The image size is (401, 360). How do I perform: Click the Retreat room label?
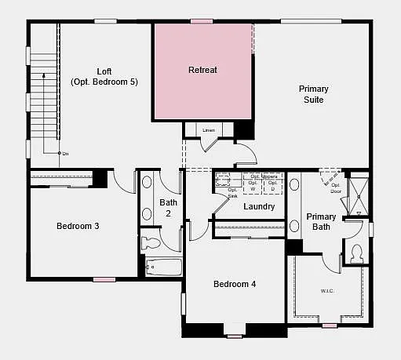(x=202, y=70)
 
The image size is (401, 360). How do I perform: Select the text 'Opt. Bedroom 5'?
(x=104, y=82)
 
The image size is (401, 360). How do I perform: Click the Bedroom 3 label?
(x=78, y=226)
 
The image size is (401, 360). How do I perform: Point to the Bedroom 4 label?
(x=235, y=284)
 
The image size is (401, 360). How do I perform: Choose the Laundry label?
(x=259, y=207)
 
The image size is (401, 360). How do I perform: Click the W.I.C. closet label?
(x=327, y=291)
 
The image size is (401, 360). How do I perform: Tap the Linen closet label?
(x=208, y=129)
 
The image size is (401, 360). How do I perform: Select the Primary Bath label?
(x=321, y=222)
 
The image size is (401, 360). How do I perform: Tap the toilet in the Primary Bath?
(x=355, y=253)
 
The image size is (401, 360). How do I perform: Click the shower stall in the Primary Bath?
(x=359, y=195)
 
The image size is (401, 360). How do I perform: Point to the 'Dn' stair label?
(x=65, y=153)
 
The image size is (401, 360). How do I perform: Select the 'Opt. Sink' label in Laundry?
(x=232, y=192)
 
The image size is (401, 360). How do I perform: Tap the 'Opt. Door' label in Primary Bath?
(x=336, y=188)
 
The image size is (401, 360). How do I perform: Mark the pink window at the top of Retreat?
(x=202, y=21)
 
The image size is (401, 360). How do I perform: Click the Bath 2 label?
(x=169, y=207)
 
